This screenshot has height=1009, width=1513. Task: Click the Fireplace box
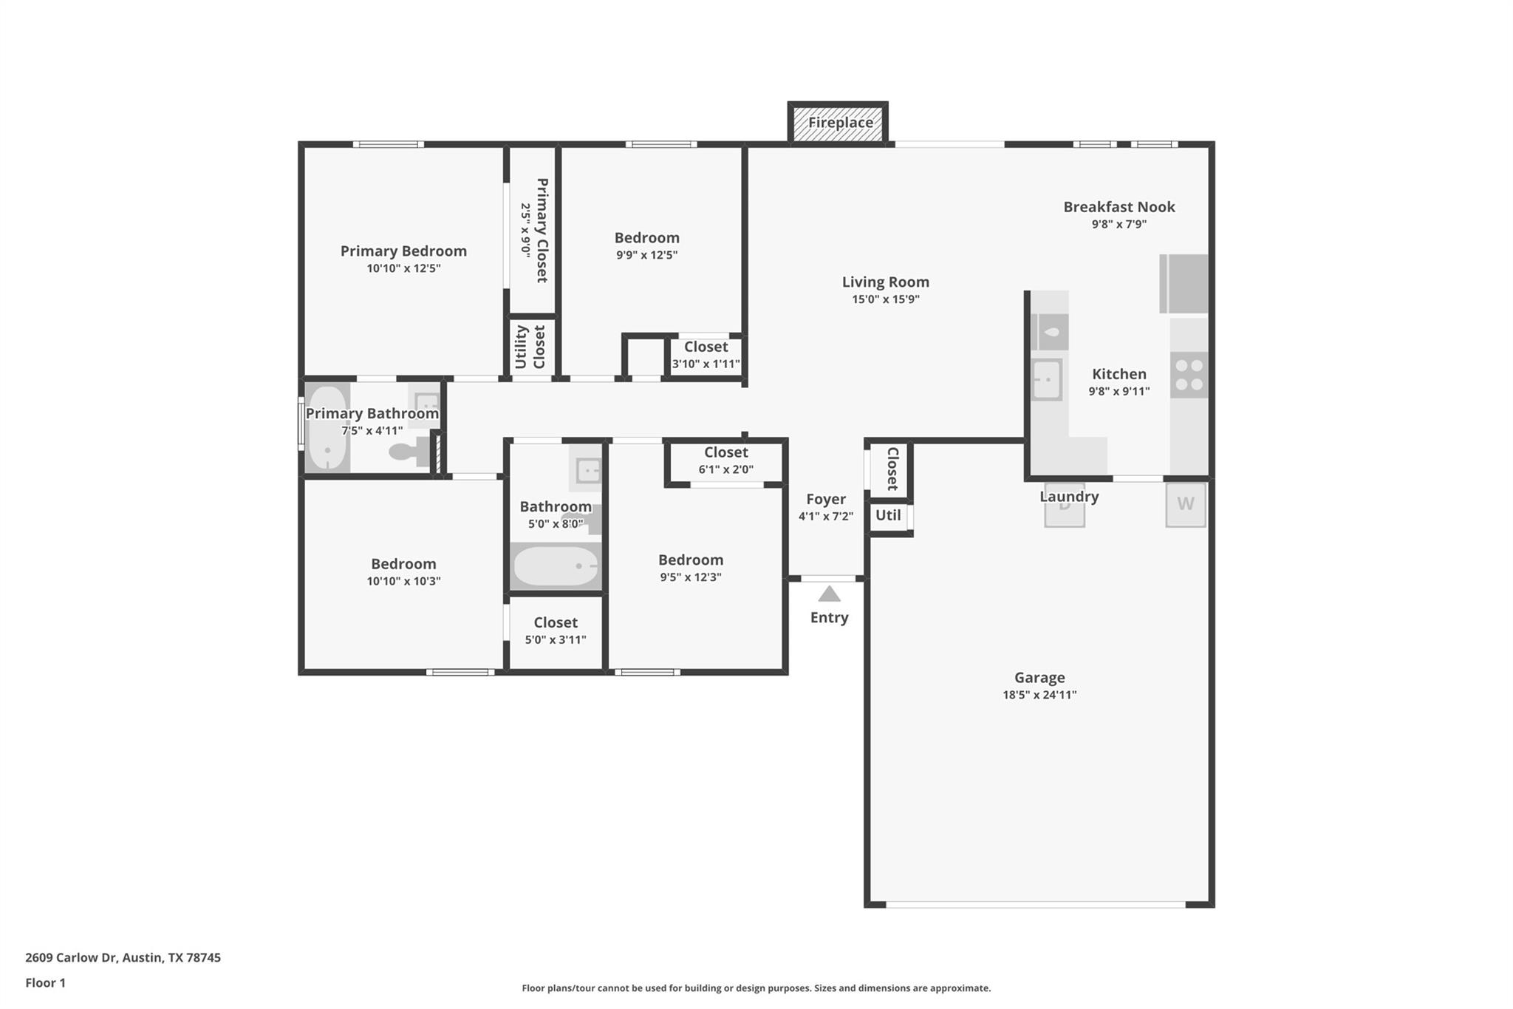pos(838,123)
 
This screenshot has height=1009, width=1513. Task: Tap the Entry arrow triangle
pos(829,594)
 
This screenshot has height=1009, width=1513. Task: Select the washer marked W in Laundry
pos(1185,504)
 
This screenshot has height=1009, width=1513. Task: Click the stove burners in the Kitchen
pos(1189,375)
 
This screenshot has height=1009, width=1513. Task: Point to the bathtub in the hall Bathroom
pos(556,566)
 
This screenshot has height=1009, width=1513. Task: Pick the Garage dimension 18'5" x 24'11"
pos(1039,695)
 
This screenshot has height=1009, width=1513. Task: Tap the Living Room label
pos(885,282)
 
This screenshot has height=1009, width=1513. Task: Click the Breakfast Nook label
pos(1118,207)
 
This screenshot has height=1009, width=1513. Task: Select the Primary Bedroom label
pos(403,251)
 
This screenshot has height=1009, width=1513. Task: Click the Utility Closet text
pos(530,347)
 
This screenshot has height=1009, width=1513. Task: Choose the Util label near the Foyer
pos(887,515)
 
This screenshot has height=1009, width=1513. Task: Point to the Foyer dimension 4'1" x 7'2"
pos(825,517)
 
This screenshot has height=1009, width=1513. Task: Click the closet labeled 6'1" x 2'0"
pos(725,461)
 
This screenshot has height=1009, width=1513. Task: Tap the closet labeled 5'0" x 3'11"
pos(556,631)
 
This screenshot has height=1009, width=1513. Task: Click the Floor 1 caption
pos(45,982)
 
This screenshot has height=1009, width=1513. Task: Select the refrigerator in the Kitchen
pos(1183,284)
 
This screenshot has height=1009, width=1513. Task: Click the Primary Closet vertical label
pos(542,230)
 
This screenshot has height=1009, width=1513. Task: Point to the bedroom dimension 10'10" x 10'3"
pos(403,581)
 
